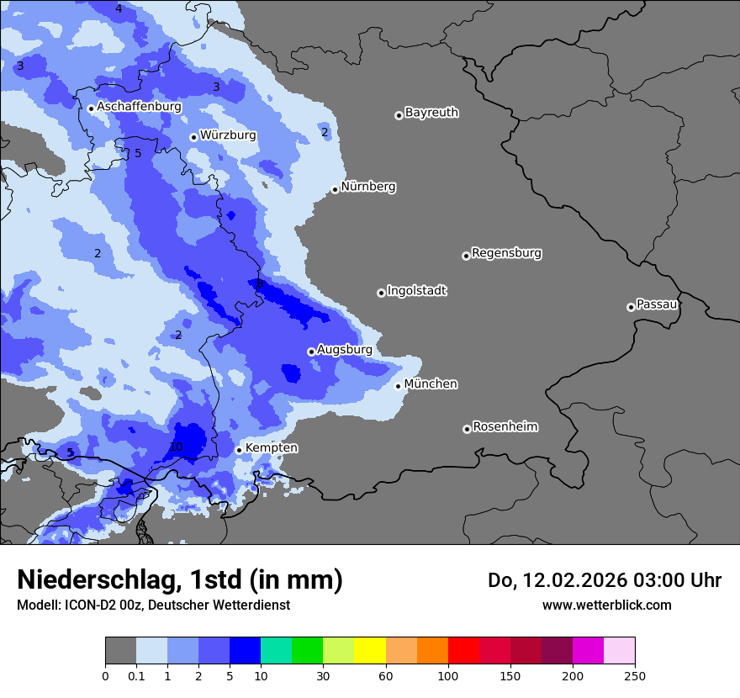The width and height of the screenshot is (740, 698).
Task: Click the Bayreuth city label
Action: (431, 113)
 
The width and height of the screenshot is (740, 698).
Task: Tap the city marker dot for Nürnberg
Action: (335, 189)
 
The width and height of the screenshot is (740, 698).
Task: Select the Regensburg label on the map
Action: (506, 253)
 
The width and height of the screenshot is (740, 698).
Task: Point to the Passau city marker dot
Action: (631, 307)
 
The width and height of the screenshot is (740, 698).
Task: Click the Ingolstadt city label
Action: (416, 291)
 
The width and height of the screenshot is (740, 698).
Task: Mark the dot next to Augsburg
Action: (311, 352)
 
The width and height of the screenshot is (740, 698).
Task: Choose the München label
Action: (431, 384)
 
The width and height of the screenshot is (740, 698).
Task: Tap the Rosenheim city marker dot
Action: (467, 429)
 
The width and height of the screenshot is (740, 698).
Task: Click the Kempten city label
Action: (271, 448)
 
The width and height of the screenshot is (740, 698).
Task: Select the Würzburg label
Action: (227, 135)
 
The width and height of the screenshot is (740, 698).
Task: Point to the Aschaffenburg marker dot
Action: (91, 108)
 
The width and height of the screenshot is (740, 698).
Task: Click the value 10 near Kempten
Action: (176, 447)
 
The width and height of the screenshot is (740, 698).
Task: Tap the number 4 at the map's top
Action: (119, 8)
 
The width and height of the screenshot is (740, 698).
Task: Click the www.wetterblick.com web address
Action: (606, 605)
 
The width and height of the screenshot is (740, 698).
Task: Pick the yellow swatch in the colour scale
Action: (370, 651)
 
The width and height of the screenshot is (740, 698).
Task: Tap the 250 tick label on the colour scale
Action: (635, 675)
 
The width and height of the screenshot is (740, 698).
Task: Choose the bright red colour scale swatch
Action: (463, 651)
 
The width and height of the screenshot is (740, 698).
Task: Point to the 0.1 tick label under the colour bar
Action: (135, 675)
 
